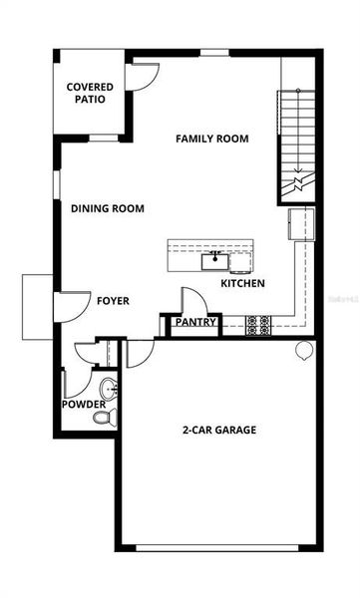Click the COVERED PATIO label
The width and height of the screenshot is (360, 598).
click(90, 93)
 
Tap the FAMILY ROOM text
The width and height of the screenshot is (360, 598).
click(212, 139)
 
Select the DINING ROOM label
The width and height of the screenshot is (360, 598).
click(108, 209)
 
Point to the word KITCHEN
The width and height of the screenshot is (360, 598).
click(242, 284)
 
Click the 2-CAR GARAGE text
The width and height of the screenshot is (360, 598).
click(218, 431)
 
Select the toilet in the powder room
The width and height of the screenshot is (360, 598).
click(105, 415)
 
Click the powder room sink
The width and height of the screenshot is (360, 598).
click(108, 387)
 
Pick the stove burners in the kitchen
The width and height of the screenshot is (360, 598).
click(257, 323)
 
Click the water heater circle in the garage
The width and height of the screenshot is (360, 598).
click(304, 350)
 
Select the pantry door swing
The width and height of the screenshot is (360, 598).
click(189, 300)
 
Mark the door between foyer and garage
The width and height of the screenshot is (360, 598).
click(140, 350)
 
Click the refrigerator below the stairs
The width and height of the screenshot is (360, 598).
click(300, 224)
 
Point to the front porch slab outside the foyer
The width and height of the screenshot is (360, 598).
click(38, 306)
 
